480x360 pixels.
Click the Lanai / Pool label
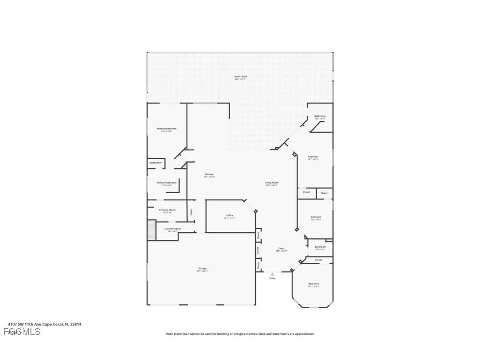(240, 77)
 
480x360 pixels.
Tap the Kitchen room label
(209, 174)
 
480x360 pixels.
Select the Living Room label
(271, 183)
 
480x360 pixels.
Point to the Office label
(229, 215)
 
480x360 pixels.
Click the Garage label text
(202, 268)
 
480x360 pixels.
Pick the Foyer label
(282, 249)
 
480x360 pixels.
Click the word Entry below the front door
(272, 278)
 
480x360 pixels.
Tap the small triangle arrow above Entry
(272, 274)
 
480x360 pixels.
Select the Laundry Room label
(172, 229)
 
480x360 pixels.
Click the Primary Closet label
(167, 210)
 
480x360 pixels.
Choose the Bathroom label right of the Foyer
(320, 247)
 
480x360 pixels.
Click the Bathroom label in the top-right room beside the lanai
(320, 116)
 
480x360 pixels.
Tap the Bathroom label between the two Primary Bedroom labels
(156, 163)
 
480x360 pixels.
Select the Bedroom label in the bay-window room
(313, 283)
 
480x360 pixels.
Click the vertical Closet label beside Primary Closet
(191, 212)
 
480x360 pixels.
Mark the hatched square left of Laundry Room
(152, 230)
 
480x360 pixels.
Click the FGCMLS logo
(22, 331)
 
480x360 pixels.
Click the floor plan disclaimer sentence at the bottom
(240, 334)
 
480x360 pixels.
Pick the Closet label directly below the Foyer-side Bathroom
(318, 260)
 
